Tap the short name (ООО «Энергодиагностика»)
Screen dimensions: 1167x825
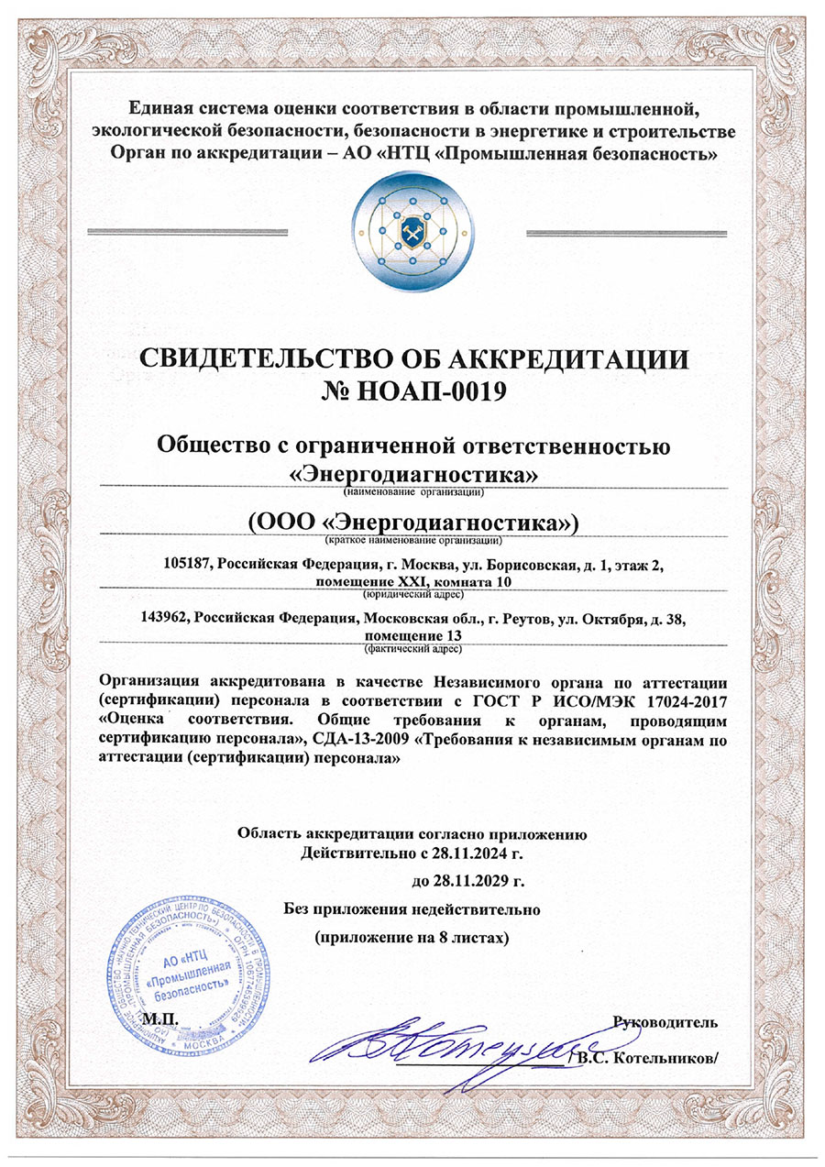click(413, 523)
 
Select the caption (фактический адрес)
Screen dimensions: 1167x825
click(412, 648)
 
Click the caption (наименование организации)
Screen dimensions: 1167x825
click(413, 491)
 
